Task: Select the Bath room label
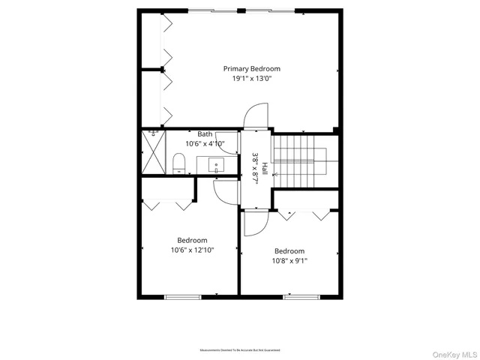click(x=205, y=133)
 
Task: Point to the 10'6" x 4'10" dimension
click(x=205, y=143)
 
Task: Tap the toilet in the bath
click(x=178, y=163)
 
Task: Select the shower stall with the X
click(x=154, y=153)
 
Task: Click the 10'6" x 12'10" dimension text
click(x=192, y=250)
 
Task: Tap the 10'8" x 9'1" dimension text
click(x=289, y=261)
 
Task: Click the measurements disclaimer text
click(x=240, y=350)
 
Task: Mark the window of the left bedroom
click(x=184, y=297)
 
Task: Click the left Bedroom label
click(x=192, y=240)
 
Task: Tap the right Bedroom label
click(x=289, y=251)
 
